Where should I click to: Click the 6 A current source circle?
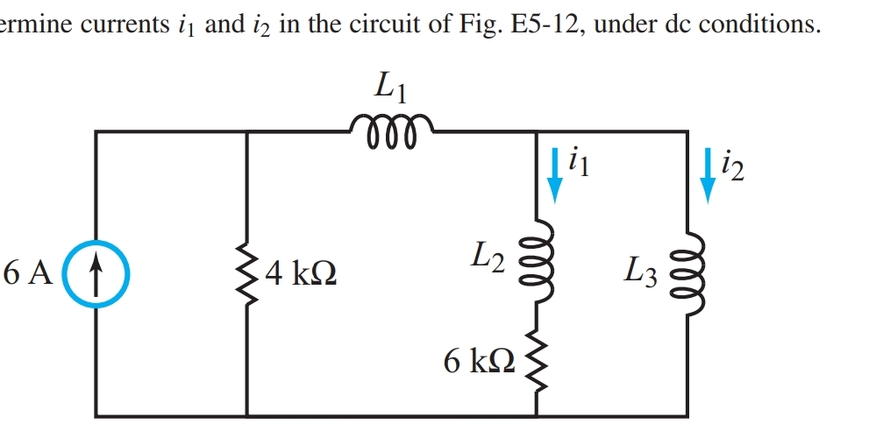tap(96, 273)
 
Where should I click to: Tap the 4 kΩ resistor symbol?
tap(248, 274)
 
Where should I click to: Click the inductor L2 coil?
tap(537, 260)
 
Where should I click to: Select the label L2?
tap(488, 256)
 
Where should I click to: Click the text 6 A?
tap(28, 274)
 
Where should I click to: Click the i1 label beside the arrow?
tap(580, 162)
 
